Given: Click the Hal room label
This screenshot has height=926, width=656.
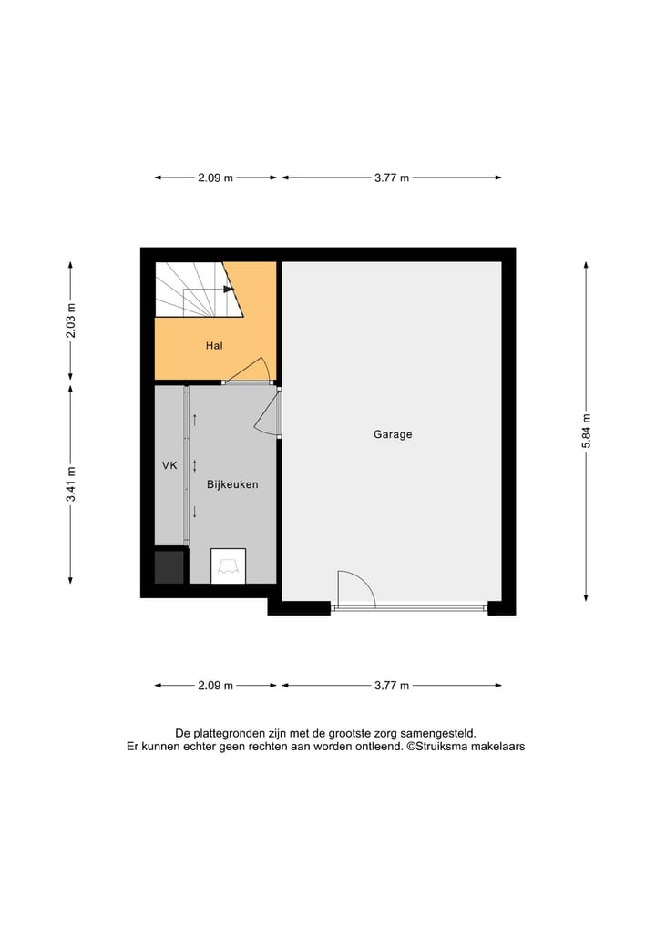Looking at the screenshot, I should pos(214,346).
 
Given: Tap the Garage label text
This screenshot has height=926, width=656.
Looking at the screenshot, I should pos(393,434).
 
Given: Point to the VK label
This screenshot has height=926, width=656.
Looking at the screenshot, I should pos(169,465).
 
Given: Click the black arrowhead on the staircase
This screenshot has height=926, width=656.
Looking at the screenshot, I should pos(229,290).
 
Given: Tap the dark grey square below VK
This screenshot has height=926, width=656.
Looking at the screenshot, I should pos(169,566).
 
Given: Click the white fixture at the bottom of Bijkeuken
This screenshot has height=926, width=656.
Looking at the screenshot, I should pos(228,565).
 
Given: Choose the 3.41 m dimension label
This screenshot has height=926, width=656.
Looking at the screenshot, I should pos(71,483).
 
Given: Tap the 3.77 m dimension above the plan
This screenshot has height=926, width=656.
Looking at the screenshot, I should pos(391,178).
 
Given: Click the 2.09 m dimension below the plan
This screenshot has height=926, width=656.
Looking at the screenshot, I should pos(215,686).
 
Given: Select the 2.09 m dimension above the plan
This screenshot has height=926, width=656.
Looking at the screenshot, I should pos(215,178).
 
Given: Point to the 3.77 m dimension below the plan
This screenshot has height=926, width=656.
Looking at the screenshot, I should pos(391,686).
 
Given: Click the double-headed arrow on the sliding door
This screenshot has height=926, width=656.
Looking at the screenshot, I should pos(194,464).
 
